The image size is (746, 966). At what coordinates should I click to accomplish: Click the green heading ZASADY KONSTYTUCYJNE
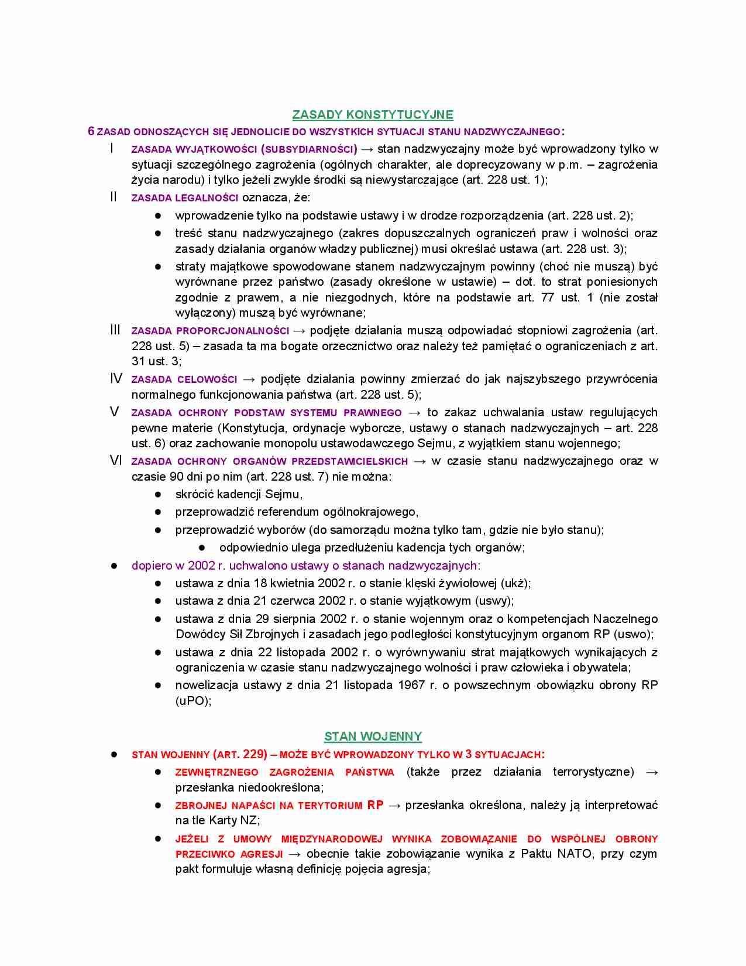pyautogui.click(x=373, y=115)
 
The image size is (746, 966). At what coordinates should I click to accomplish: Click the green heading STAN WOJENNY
pyautogui.click(x=373, y=737)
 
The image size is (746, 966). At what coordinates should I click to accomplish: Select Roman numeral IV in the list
pyautogui.click(x=116, y=379)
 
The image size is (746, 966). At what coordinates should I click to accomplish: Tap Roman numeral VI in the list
pyautogui.click(x=116, y=461)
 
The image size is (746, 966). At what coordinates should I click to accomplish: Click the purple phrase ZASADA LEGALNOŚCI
pyautogui.click(x=184, y=198)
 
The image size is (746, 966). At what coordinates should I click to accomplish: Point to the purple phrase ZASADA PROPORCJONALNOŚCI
pyautogui.click(x=210, y=331)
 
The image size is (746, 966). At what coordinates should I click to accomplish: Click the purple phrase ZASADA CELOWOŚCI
pyautogui.click(x=184, y=379)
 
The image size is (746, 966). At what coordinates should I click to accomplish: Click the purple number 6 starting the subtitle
pyautogui.click(x=91, y=131)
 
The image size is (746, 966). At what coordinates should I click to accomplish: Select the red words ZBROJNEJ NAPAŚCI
pyautogui.click(x=225, y=806)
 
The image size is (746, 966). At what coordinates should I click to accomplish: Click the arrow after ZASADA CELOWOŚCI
pyautogui.click(x=249, y=379)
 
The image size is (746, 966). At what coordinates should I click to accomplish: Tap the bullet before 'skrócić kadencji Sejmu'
pyautogui.click(x=158, y=495)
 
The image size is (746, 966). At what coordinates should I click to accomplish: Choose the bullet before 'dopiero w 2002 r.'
pyautogui.click(x=115, y=566)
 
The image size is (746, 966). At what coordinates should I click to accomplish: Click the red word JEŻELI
pyautogui.click(x=192, y=839)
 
